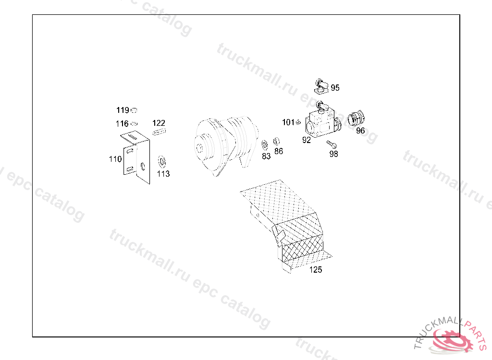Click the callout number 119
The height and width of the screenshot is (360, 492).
[123, 110]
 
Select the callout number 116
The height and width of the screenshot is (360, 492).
[122, 123]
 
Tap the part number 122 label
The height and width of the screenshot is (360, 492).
[159, 123]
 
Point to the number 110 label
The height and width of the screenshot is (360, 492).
[115, 159]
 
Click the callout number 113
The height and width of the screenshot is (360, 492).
[163, 174]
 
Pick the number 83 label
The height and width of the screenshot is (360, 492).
[266, 156]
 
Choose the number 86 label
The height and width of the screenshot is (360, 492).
[279, 151]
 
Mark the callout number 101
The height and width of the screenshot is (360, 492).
[288, 122]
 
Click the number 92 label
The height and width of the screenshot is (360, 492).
[307, 140]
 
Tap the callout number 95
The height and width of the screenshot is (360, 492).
[335, 88]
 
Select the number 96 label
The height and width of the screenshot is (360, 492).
[360, 131]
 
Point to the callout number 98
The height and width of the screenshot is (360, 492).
[333, 154]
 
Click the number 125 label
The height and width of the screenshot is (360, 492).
[316, 270]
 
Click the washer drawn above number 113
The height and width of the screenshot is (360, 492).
[162, 162]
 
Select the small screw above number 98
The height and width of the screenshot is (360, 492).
[332, 144]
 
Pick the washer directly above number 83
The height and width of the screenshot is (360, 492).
[265, 145]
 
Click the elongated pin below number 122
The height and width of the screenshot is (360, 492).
[160, 132]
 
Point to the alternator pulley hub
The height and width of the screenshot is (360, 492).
[199, 148]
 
